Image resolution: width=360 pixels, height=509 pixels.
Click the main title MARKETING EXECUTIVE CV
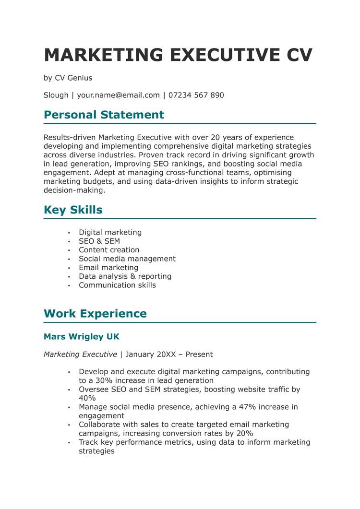click(x=178, y=55)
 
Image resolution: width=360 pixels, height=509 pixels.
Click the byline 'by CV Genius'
click(x=68, y=78)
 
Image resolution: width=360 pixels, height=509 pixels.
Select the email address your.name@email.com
click(x=118, y=95)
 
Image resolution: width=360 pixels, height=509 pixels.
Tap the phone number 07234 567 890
click(x=196, y=95)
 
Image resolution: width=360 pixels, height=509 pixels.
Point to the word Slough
click(x=56, y=95)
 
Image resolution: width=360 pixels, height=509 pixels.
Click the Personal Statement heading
click(x=104, y=115)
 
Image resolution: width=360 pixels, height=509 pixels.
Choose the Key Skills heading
click(x=73, y=210)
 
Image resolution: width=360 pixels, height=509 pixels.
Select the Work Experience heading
click(x=95, y=313)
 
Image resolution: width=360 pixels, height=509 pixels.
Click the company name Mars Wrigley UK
click(x=81, y=337)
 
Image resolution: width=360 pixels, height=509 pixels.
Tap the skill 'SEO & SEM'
click(x=99, y=241)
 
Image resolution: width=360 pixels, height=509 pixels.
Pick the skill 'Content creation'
click(x=109, y=250)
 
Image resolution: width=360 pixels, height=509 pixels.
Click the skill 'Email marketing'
click(x=108, y=268)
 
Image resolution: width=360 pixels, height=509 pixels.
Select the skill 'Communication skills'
click(x=117, y=285)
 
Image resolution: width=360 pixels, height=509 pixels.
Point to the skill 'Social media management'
click(x=127, y=259)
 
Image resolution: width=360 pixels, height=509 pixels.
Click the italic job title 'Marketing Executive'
click(x=80, y=355)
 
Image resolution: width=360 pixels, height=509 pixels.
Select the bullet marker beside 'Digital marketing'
click(x=69, y=233)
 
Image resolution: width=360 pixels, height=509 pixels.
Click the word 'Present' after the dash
click(x=199, y=355)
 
